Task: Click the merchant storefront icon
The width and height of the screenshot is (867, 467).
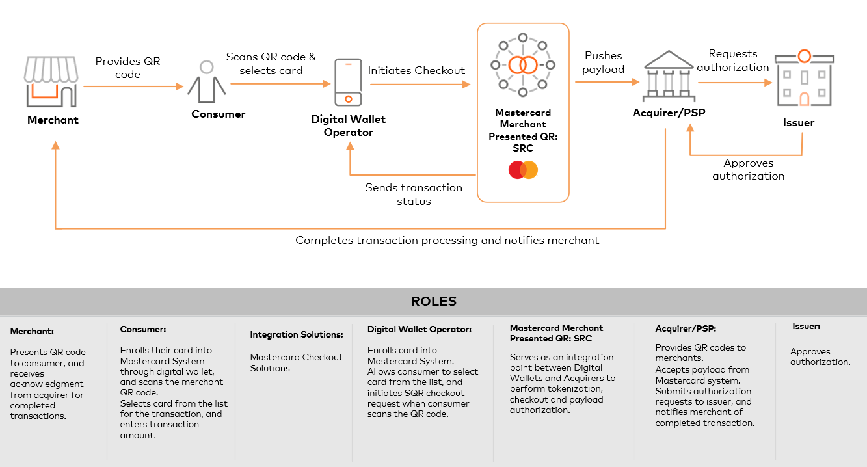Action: click(x=52, y=81)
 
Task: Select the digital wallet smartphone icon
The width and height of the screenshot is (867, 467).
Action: click(x=348, y=82)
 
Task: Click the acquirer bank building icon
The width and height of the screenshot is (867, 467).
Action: click(x=668, y=76)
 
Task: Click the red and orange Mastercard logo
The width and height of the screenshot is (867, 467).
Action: click(x=523, y=170)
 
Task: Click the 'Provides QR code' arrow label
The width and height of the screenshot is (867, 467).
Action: click(x=127, y=68)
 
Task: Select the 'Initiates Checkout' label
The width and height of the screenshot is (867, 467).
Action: click(x=416, y=70)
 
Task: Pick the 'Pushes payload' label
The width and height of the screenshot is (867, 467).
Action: click(x=603, y=62)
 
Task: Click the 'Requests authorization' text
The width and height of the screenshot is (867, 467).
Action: click(x=733, y=60)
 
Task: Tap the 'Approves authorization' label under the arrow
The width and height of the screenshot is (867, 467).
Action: click(x=748, y=169)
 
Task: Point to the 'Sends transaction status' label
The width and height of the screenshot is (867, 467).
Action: click(x=414, y=194)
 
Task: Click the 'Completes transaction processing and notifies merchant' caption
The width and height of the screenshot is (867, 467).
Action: click(x=447, y=240)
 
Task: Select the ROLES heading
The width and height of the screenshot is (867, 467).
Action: click(x=434, y=301)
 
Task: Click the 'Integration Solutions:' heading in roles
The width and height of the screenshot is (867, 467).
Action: click(x=296, y=334)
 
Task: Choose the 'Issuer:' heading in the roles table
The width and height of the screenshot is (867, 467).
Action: click(x=806, y=326)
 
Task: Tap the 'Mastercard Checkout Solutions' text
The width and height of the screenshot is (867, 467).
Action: click(x=296, y=362)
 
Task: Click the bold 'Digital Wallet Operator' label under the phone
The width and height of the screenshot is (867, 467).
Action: click(x=348, y=126)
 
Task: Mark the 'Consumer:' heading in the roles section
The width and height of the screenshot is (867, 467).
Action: click(x=143, y=329)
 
